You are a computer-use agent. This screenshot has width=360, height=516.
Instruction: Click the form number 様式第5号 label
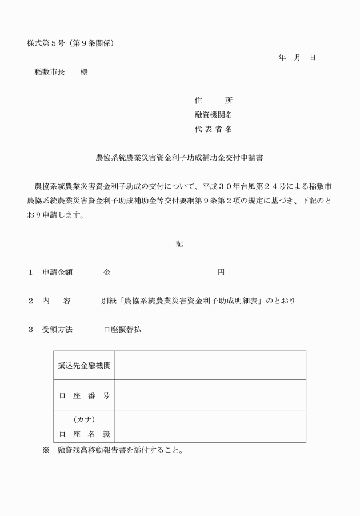(46, 43)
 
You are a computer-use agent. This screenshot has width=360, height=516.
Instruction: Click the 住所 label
(213, 101)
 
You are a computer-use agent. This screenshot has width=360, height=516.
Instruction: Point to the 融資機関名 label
(213, 115)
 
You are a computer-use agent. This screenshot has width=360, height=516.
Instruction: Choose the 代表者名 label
(213, 129)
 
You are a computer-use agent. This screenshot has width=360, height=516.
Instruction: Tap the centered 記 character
(179, 243)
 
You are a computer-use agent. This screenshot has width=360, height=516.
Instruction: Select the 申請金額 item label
(57, 272)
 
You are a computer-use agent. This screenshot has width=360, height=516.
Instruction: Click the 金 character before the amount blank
(107, 272)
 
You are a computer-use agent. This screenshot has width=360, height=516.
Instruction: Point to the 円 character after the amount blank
(221, 272)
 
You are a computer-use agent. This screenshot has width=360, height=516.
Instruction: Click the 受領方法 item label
(57, 330)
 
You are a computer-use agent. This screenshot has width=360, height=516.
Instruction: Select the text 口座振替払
(122, 330)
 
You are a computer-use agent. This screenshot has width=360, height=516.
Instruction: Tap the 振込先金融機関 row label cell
(84, 365)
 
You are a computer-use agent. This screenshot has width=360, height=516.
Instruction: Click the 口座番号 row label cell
(84, 395)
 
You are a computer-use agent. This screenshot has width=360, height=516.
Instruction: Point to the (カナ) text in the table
(84, 419)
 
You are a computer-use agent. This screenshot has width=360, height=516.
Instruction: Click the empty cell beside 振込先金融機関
(210, 365)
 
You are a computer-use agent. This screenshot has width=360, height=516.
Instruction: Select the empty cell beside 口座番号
(210, 395)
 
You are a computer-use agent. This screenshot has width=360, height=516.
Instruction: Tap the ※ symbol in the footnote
(46, 450)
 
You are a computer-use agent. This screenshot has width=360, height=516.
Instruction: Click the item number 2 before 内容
(31, 301)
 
